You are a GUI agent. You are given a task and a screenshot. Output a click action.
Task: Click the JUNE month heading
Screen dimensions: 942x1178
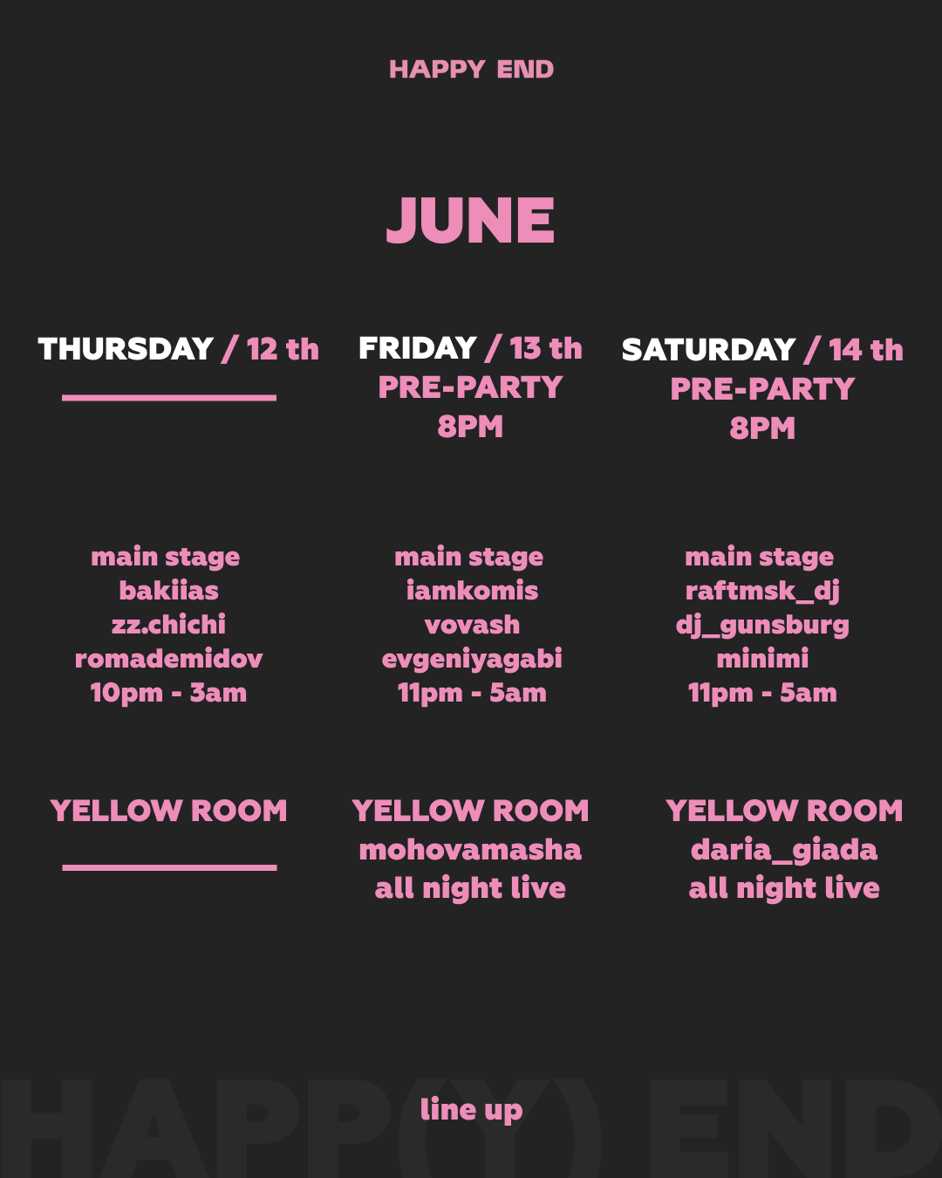pos(471,220)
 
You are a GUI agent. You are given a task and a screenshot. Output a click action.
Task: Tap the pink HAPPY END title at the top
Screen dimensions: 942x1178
pos(471,70)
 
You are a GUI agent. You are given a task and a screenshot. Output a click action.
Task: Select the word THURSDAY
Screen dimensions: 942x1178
pos(126,349)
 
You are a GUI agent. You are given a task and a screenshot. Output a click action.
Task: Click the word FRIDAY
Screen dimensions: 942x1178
pos(418,347)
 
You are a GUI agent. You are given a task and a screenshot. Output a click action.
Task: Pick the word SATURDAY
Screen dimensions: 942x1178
pos(708,349)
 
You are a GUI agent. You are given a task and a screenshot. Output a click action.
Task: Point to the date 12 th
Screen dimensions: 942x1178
pos(283,349)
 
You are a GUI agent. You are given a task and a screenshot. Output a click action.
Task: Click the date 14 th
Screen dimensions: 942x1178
pos(866,349)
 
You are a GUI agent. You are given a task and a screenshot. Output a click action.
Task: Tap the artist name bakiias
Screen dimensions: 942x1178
pos(168,591)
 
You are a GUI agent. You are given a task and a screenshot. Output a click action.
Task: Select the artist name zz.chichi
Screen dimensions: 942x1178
pos(168,625)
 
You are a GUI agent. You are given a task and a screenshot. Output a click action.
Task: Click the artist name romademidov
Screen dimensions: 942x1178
pos(168,659)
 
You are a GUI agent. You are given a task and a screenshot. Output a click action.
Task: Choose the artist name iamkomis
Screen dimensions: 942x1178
pos(472,591)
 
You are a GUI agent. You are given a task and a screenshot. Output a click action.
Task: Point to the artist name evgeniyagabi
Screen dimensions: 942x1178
pos(472,660)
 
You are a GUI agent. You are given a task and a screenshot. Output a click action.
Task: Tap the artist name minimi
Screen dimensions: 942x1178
pos(762,659)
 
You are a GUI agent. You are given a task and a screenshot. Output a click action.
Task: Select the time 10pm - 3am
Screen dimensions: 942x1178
pos(168,693)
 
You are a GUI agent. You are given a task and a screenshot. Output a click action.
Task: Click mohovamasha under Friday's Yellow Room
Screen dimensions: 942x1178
pos(470,850)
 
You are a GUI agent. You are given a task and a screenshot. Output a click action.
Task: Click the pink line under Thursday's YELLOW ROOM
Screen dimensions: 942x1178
pos(170,867)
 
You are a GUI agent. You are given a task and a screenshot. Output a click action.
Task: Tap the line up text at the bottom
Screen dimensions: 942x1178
pos(471,1110)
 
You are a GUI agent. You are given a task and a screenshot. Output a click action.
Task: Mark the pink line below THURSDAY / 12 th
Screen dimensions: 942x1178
pos(169,398)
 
